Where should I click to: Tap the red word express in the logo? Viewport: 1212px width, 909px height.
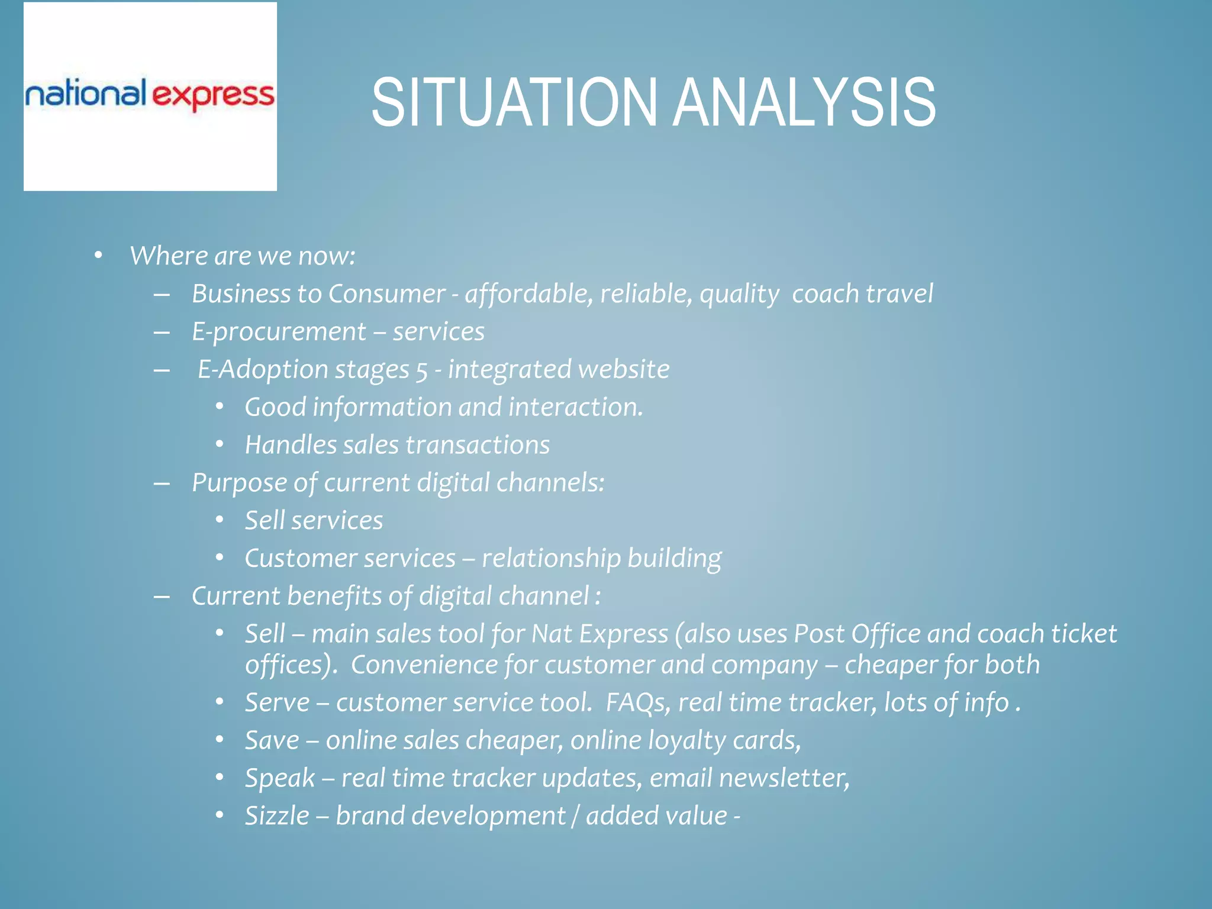pos(214,96)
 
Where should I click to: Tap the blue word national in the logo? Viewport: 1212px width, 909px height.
pos(85,94)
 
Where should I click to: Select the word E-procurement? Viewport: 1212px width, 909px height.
pos(279,332)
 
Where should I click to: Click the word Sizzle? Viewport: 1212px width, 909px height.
pos(277,816)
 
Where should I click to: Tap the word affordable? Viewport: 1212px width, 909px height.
pos(528,294)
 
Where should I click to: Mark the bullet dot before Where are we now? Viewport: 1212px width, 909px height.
pos(98,256)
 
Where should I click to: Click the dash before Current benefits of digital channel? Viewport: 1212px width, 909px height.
pos(162,597)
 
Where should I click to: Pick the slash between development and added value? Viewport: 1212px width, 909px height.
pos(575,816)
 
